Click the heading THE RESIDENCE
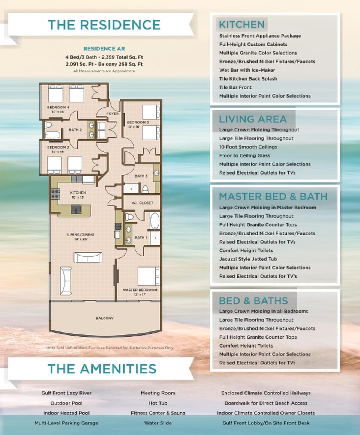[104, 25]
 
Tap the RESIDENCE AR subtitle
[104, 49]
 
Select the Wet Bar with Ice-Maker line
[247, 70]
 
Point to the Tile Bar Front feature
[235, 87]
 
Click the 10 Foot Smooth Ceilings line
[248, 147]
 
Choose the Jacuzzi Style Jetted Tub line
[253, 259]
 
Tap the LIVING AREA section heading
[252, 119]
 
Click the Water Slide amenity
[157, 423]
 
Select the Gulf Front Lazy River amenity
[66, 393]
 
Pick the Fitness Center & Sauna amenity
[157, 413]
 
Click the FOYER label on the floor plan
[112, 113]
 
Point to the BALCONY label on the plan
[104, 318]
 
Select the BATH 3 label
[141, 176]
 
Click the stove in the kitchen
[55, 194]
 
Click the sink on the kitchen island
[76, 209]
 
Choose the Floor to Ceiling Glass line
[244, 155]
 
